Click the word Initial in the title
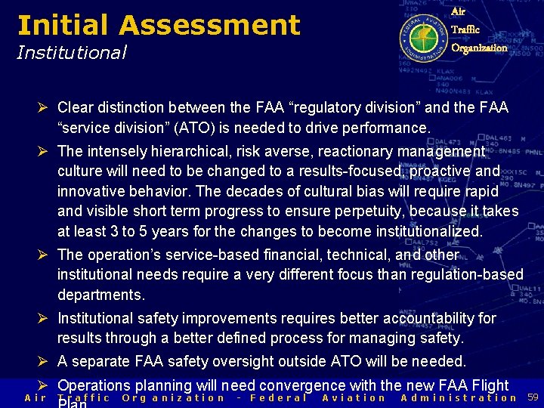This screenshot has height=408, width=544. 63,25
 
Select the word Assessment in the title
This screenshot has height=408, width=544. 209,25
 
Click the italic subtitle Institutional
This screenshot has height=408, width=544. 72,52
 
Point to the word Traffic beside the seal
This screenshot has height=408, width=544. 465,30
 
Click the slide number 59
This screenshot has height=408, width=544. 533,397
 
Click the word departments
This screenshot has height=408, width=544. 100,294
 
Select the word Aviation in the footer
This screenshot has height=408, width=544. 354,398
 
